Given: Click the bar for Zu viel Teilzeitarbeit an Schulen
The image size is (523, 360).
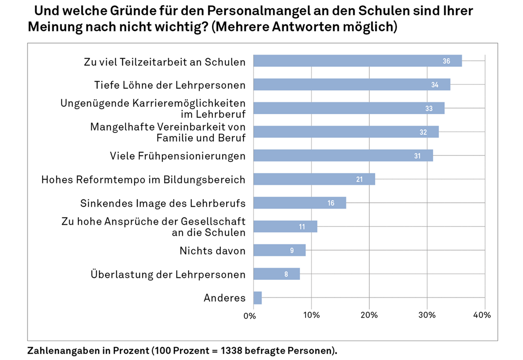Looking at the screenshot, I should [x=357, y=61].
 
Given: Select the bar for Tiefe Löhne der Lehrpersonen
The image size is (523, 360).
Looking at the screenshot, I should [x=352, y=85].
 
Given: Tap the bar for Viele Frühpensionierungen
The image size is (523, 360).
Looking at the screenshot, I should [x=343, y=155].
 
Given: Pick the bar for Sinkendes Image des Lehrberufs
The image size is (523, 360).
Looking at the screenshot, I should [x=300, y=203].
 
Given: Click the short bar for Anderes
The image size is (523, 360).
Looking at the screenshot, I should [x=257, y=298].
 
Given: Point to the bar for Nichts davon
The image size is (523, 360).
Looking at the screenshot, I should [x=279, y=250].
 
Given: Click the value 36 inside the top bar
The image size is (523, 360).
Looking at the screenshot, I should [x=446, y=61].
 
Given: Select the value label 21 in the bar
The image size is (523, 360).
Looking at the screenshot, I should [x=359, y=179].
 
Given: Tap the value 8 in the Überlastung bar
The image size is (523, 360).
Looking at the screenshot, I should [x=286, y=274].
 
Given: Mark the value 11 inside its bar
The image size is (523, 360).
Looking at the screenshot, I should [x=301, y=227].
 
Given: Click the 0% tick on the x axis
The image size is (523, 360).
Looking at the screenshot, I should [x=250, y=316].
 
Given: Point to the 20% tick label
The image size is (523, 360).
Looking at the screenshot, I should [x=369, y=316].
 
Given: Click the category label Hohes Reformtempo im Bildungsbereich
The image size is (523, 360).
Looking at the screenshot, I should [x=143, y=179].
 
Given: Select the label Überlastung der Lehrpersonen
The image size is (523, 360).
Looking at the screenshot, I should [x=168, y=275].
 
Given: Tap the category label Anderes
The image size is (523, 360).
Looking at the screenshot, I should [x=224, y=298].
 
